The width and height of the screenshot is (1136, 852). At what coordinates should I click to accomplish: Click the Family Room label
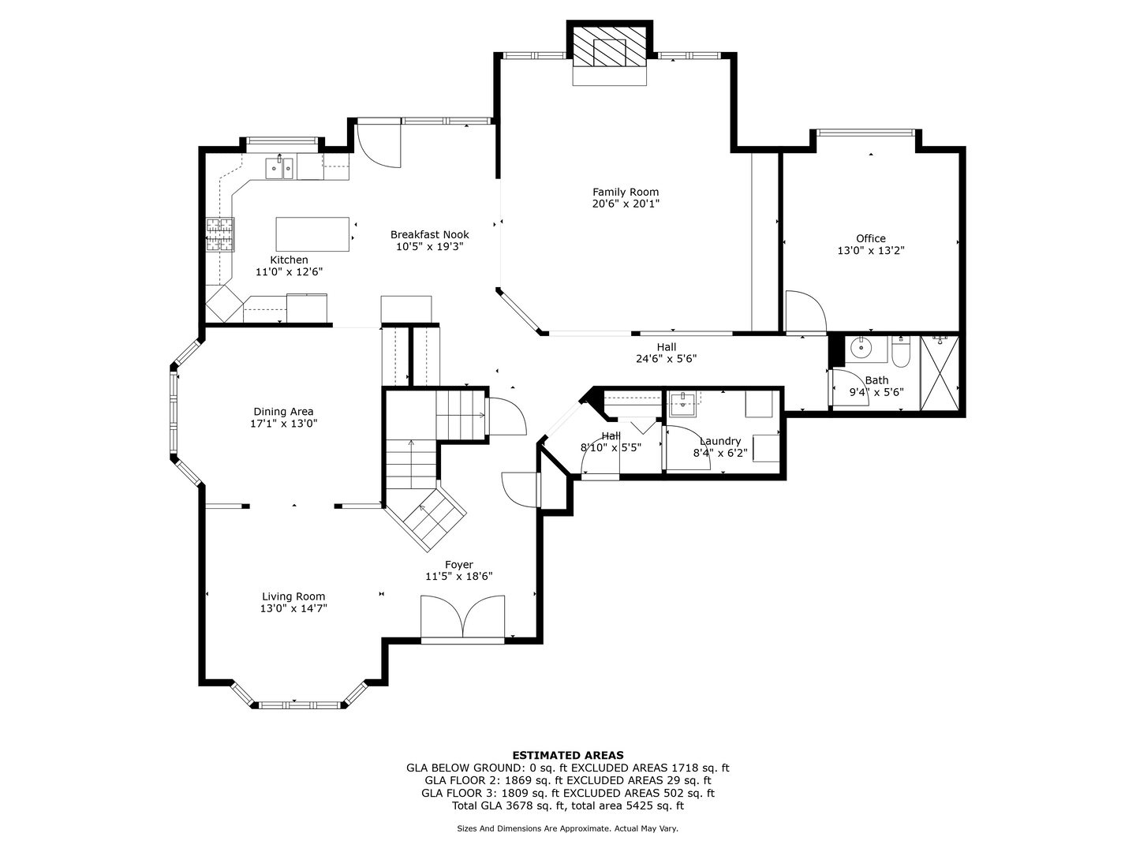(625, 192)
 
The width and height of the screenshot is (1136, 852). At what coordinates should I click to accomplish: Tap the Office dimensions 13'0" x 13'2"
(871, 251)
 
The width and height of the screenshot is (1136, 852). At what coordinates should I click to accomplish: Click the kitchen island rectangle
(312, 234)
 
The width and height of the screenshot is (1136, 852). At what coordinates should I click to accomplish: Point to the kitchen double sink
(279, 168)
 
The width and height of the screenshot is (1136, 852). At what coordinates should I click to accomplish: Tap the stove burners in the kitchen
(220, 235)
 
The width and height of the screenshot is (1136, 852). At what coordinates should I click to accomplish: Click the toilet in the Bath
(901, 352)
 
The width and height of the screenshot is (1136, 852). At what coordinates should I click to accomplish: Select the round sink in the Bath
(861, 348)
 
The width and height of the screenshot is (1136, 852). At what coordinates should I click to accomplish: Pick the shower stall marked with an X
(940, 373)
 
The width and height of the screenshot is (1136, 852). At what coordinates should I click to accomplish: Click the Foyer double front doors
(462, 619)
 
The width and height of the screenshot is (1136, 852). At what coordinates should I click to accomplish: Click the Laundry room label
(720, 441)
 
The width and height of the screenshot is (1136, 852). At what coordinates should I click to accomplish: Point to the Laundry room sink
(682, 404)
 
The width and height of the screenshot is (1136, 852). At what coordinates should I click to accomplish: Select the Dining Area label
(283, 412)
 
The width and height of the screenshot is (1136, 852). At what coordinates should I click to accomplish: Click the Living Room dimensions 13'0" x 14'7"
(293, 609)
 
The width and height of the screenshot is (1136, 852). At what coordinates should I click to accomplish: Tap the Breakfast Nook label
(430, 235)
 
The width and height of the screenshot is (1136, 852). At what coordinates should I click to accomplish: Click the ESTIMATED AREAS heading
(568, 755)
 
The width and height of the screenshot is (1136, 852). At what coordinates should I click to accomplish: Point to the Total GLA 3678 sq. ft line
(568, 805)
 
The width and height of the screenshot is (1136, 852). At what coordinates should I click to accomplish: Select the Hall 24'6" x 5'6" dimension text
(666, 358)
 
